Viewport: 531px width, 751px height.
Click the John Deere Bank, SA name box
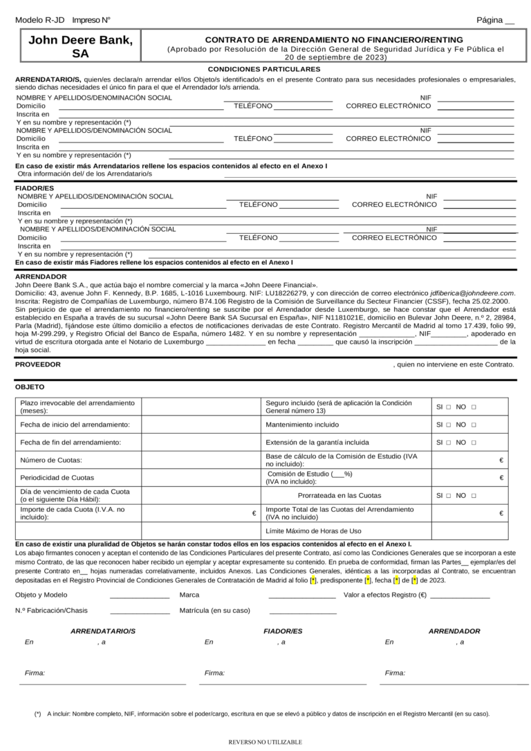click(80, 47)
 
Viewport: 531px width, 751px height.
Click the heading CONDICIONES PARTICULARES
click(264, 69)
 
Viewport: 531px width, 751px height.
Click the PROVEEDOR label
click(38, 364)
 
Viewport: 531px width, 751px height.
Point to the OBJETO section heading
click(30, 387)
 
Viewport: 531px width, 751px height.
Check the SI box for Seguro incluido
click(449, 407)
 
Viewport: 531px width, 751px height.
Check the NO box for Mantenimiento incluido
click(474, 425)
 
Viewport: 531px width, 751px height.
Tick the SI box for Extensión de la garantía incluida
click(449, 443)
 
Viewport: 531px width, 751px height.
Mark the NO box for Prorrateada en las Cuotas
click(474, 496)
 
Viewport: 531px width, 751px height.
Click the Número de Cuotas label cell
click(51, 460)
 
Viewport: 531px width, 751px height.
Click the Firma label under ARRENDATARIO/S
click(35, 673)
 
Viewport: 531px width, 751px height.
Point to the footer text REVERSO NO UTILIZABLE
click(265, 742)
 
